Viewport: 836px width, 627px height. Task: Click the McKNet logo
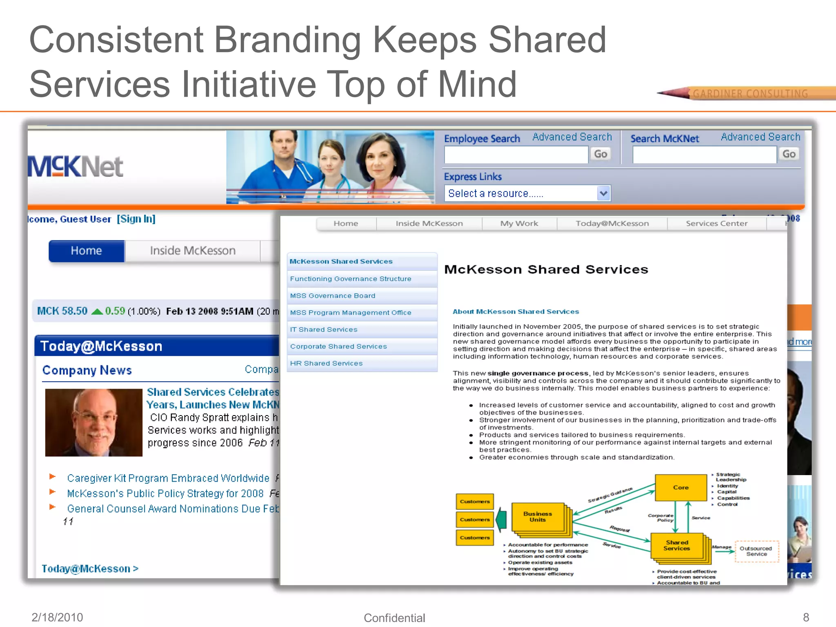tap(76, 167)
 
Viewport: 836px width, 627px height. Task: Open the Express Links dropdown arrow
tap(603, 193)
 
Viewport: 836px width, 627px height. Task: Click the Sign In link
tap(136, 219)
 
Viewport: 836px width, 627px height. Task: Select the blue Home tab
tap(86, 251)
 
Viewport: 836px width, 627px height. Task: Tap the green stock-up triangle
tap(97, 311)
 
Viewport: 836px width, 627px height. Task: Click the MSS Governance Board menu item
tap(332, 296)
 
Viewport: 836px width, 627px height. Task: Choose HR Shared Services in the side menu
tap(326, 363)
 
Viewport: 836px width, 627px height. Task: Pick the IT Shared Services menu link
tap(323, 329)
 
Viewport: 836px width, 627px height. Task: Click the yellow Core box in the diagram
tap(680, 487)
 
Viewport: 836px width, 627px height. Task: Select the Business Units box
tap(538, 517)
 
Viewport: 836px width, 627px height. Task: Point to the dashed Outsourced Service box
tap(756, 551)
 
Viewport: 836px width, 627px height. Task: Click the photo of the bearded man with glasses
tap(93, 422)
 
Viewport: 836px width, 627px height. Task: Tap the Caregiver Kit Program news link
tap(168, 478)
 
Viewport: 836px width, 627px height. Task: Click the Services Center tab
tap(716, 223)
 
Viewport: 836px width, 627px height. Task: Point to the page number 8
tap(806, 617)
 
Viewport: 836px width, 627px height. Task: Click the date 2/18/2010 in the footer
tap(57, 617)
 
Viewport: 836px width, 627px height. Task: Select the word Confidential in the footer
tap(394, 618)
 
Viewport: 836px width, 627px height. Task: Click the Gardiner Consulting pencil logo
tap(747, 93)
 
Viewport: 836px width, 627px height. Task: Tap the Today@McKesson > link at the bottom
tap(90, 569)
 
